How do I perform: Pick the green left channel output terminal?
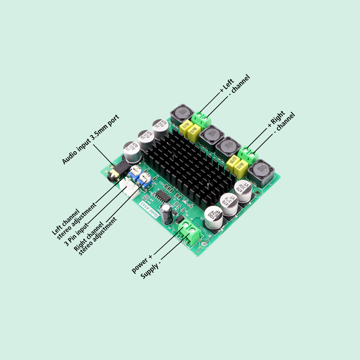(x=201, y=119)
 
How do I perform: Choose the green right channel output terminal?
(x=249, y=154)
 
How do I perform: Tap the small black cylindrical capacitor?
(x=166, y=214)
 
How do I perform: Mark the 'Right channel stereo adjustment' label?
(x=95, y=237)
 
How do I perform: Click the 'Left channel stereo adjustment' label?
(x=74, y=221)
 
